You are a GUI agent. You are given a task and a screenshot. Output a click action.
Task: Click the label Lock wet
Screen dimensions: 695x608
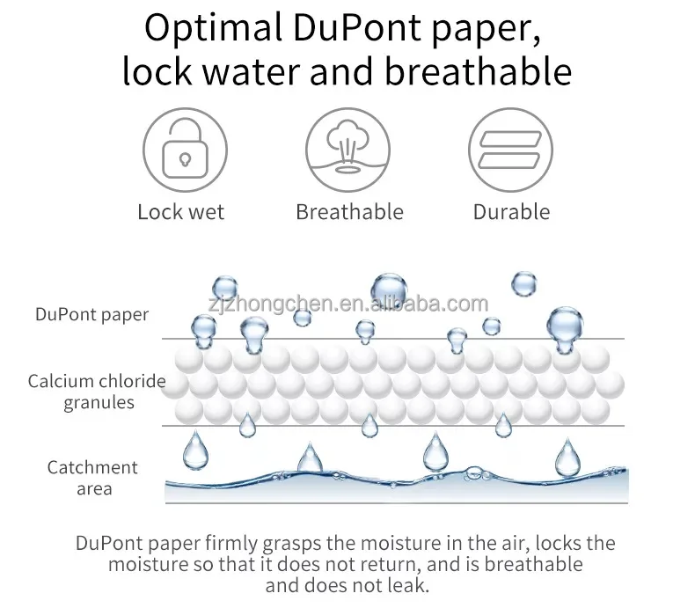point(181,212)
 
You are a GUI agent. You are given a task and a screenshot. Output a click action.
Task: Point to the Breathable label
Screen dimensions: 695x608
point(349,212)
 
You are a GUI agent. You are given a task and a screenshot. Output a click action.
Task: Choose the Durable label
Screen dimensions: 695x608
point(511,212)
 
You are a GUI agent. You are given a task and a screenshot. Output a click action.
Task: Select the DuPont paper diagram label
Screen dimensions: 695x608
point(92,314)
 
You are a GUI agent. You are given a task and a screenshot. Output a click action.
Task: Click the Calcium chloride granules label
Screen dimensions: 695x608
point(97,392)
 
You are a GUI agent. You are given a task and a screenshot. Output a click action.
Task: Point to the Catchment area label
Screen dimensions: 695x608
point(93,478)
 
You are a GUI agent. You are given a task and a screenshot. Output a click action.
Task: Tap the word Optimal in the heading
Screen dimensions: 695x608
point(208,28)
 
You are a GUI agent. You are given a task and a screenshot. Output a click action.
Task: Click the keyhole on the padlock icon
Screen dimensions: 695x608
point(185,158)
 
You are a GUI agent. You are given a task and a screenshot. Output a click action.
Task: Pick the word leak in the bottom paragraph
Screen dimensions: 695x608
point(411,584)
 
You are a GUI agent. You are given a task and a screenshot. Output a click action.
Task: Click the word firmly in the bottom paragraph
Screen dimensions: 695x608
point(244,543)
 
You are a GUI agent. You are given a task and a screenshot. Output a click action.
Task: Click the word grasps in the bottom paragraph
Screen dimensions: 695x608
point(304,544)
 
